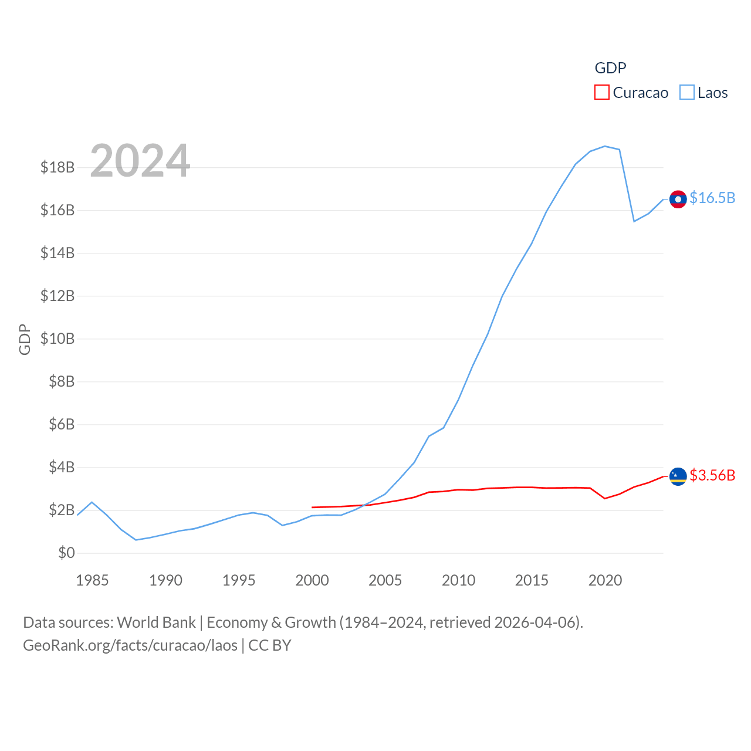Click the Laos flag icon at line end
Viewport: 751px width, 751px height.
click(x=678, y=199)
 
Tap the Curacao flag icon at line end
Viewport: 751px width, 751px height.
click(x=678, y=476)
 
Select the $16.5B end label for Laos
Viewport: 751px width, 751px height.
click(x=712, y=198)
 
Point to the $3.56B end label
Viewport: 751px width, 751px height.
click(x=712, y=475)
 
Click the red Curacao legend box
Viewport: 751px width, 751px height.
click(x=602, y=93)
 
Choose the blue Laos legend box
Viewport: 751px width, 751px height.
click(x=686, y=93)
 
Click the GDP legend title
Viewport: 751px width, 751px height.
click(x=610, y=68)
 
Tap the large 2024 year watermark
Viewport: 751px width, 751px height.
click(x=140, y=160)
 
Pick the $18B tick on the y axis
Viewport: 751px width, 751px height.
click(x=57, y=167)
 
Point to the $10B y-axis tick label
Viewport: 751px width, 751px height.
click(x=57, y=339)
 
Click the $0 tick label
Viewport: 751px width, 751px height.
click(x=66, y=553)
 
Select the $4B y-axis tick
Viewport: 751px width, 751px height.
click(x=62, y=467)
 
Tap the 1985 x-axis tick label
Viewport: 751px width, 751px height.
click(x=92, y=580)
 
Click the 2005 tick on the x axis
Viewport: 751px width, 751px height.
click(x=385, y=580)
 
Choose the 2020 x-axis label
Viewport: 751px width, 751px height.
click(x=605, y=580)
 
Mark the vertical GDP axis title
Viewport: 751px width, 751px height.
click(x=25, y=339)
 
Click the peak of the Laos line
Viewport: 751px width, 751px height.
click(x=605, y=146)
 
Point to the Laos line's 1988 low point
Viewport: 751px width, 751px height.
click(x=136, y=540)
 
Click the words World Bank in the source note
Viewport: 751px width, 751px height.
click(x=156, y=623)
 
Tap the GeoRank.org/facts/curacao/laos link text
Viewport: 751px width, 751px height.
click(x=130, y=645)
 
